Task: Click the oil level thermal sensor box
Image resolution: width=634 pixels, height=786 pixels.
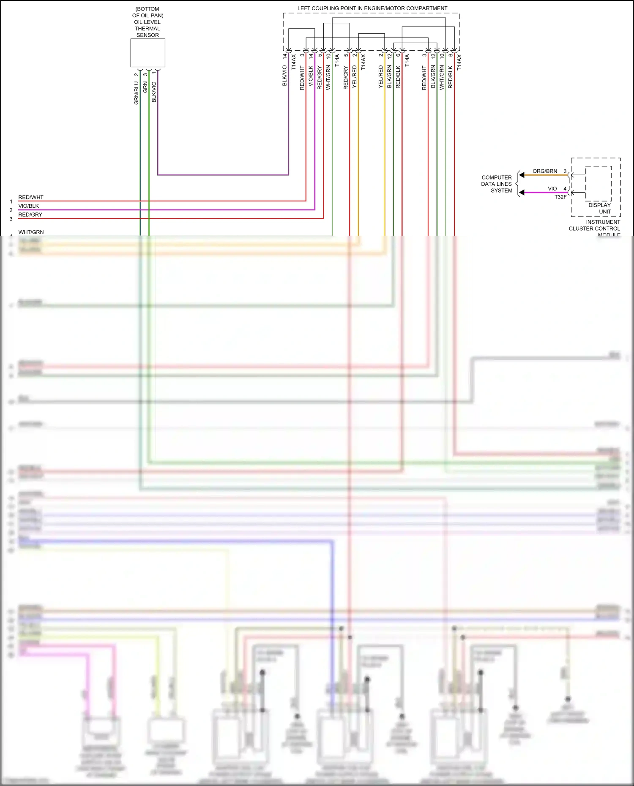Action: [148, 53]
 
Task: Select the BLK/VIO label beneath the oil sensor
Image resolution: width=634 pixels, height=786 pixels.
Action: [154, 92]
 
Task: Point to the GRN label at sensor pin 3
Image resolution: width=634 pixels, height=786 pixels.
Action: [145, 87]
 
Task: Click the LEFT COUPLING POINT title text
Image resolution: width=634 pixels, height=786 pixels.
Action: [372, 8]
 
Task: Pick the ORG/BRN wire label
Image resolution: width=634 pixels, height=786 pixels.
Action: [545, 171]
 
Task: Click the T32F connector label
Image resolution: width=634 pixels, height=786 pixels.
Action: [560, 197]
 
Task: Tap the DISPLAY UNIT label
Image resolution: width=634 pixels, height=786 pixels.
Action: [600, 208]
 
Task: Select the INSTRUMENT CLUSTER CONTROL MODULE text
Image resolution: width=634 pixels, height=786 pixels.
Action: [595, 228]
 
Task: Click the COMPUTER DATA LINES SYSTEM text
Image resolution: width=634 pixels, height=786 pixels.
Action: [497, 184]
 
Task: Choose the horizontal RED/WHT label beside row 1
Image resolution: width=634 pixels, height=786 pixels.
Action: [31, 197]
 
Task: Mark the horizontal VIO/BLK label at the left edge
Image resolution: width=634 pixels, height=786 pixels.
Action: [29, 206]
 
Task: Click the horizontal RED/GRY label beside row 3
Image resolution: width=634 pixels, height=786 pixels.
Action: [30, 215]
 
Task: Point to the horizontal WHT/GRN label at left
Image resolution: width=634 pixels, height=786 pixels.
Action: [31, 232]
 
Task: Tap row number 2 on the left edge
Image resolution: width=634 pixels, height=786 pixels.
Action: [11, 210]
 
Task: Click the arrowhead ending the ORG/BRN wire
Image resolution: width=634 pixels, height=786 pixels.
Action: [522, 175]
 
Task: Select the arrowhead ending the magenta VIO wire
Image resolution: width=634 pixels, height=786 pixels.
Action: [522, 193]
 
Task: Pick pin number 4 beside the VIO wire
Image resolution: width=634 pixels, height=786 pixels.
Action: [565, 189]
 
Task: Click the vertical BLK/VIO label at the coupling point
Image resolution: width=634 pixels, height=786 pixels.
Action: [285, 76]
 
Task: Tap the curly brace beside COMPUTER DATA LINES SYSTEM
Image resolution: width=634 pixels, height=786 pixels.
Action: [517, 184]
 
